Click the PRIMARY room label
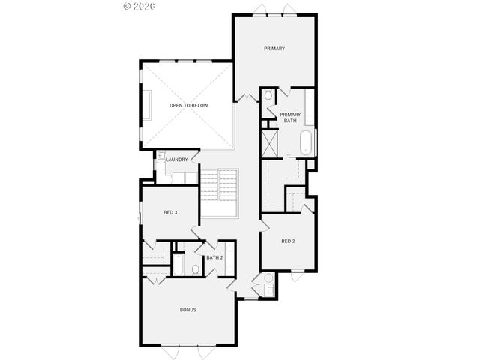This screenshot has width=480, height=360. [274, 49]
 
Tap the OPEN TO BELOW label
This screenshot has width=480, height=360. [188, 106]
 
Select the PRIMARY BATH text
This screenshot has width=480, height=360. [290, 118]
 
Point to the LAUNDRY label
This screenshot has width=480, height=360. [177, 160]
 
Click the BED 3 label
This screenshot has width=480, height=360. [170, 213]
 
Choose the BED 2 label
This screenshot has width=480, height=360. [289, 241]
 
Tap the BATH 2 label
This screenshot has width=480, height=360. [215, 258]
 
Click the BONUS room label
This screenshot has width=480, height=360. [187, 310]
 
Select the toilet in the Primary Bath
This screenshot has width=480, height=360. [268, 96]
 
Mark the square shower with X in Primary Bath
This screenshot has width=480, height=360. [270, 142]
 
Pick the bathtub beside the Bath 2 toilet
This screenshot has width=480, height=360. [179, 266]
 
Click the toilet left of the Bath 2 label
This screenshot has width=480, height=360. [194, 268]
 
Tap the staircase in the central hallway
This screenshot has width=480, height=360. [219, 184]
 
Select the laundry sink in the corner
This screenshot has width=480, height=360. [160, 155]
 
